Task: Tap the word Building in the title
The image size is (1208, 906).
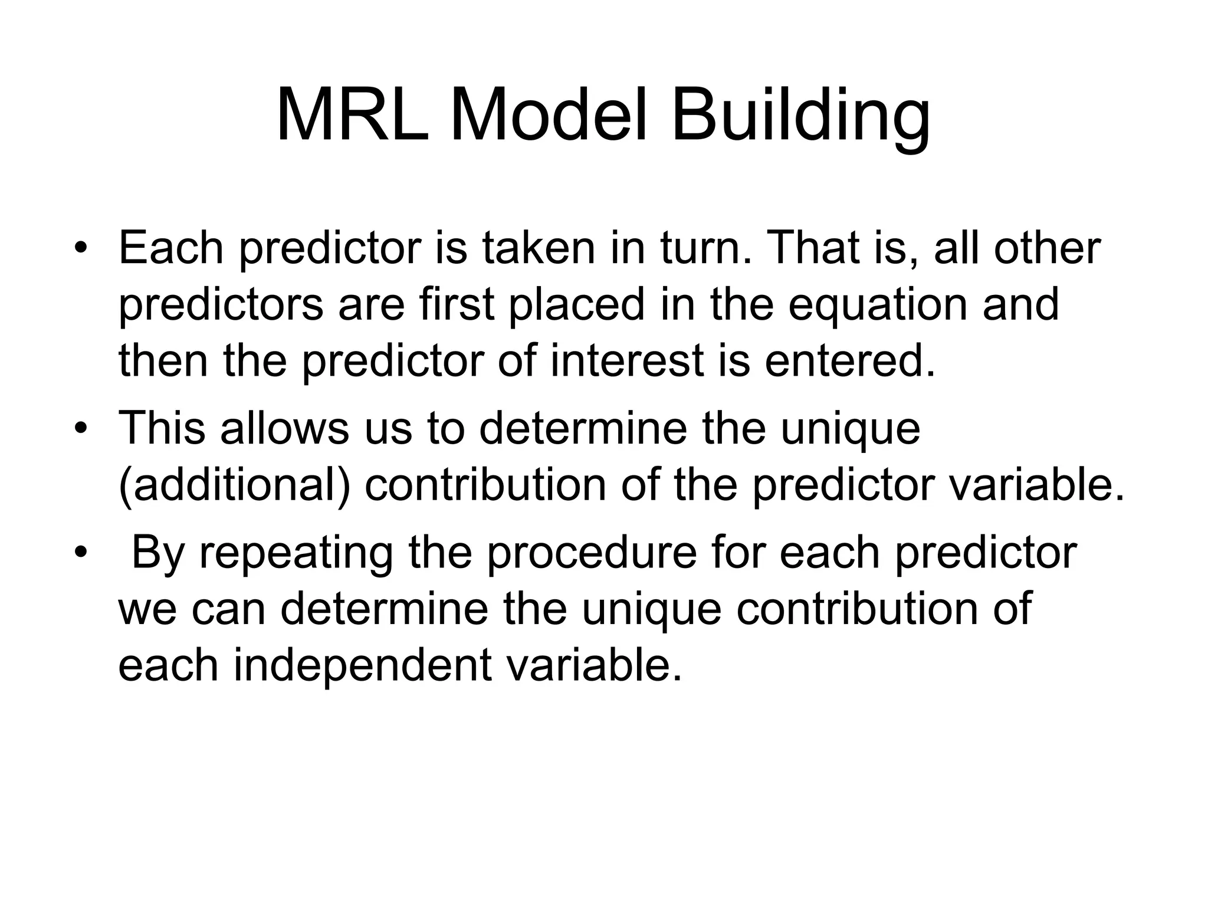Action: coord(800,116)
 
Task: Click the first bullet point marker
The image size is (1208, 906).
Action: coord(81,248)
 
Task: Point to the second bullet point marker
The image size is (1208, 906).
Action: coord(81,428)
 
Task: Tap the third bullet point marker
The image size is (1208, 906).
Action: coord(81,553)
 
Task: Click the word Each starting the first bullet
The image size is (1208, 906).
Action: coord(171,248)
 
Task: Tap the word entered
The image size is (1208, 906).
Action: coord(850,361)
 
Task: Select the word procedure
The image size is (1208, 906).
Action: coord(592,553)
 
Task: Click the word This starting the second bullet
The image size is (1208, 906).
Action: coord(162,428)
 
